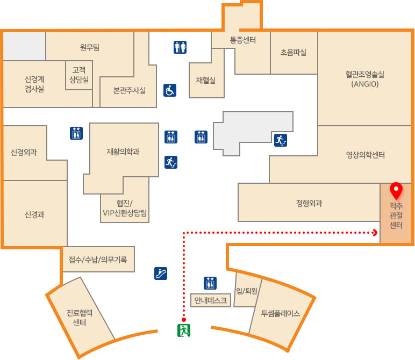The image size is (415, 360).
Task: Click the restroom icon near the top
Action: tap(180, 47)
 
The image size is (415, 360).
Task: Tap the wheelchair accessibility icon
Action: tap(170, 90)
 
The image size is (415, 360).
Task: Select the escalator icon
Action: tap(161, 273)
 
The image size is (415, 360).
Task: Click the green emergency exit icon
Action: tap(184, 330)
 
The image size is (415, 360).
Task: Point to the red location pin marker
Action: tap(396, 191)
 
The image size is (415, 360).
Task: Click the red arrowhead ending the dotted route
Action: tap(375, 233)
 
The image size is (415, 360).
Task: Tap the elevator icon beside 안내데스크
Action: tap(210, 283)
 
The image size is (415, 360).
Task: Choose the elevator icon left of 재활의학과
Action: tap(76, 133)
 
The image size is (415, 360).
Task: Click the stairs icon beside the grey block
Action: tap(281, 140)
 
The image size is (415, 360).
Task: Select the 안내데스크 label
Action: tap(211, 300)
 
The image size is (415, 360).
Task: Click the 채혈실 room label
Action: tap(206, 80)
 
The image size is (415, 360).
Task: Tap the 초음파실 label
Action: tap(294, 52)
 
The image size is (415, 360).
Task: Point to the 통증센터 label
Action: tap(243, 40)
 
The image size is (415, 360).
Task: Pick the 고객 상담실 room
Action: tap(79, 75)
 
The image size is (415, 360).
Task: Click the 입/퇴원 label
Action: tap(247, 291)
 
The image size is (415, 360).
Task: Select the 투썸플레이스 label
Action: tap(281, 313)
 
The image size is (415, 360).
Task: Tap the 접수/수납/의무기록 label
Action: tap(98, 260)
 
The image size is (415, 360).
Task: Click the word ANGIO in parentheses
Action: tap(365, 84)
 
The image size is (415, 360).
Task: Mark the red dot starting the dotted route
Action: tap(184, 320)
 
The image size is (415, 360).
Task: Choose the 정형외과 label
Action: tap(309, 203)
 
